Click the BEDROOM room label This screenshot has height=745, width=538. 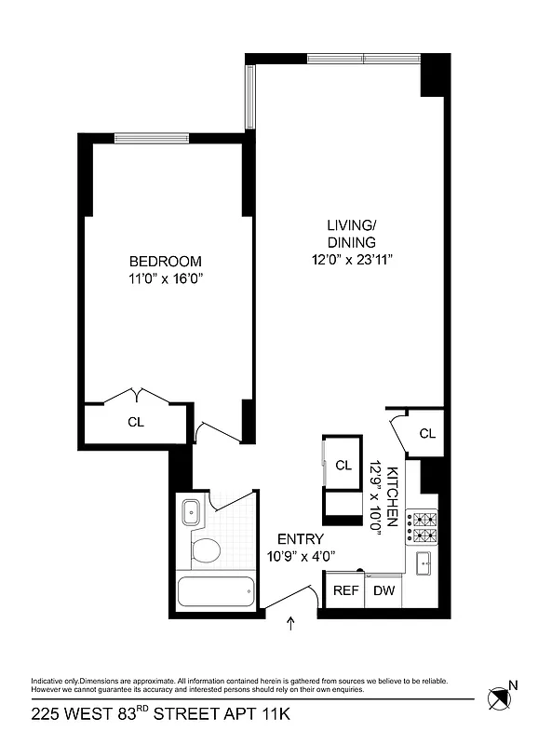point(165,262)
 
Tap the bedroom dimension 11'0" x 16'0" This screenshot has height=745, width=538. point(165,278)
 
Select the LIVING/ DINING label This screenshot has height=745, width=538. point(351,234)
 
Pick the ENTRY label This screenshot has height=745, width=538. point(301,539)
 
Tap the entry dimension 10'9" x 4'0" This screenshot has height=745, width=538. point(301,556)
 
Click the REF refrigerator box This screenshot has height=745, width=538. point(345,590)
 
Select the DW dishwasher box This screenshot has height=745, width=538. point(383,590)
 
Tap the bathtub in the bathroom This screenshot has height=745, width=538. point(215,592)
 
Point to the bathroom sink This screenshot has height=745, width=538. point(193,511)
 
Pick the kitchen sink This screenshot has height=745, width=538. point(424,562)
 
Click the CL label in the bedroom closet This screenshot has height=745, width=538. point(136,422)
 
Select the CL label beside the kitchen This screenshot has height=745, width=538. point(427,433)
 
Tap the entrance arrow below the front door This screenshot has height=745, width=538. point(292,623)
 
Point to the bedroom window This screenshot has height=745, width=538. point(154,139)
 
